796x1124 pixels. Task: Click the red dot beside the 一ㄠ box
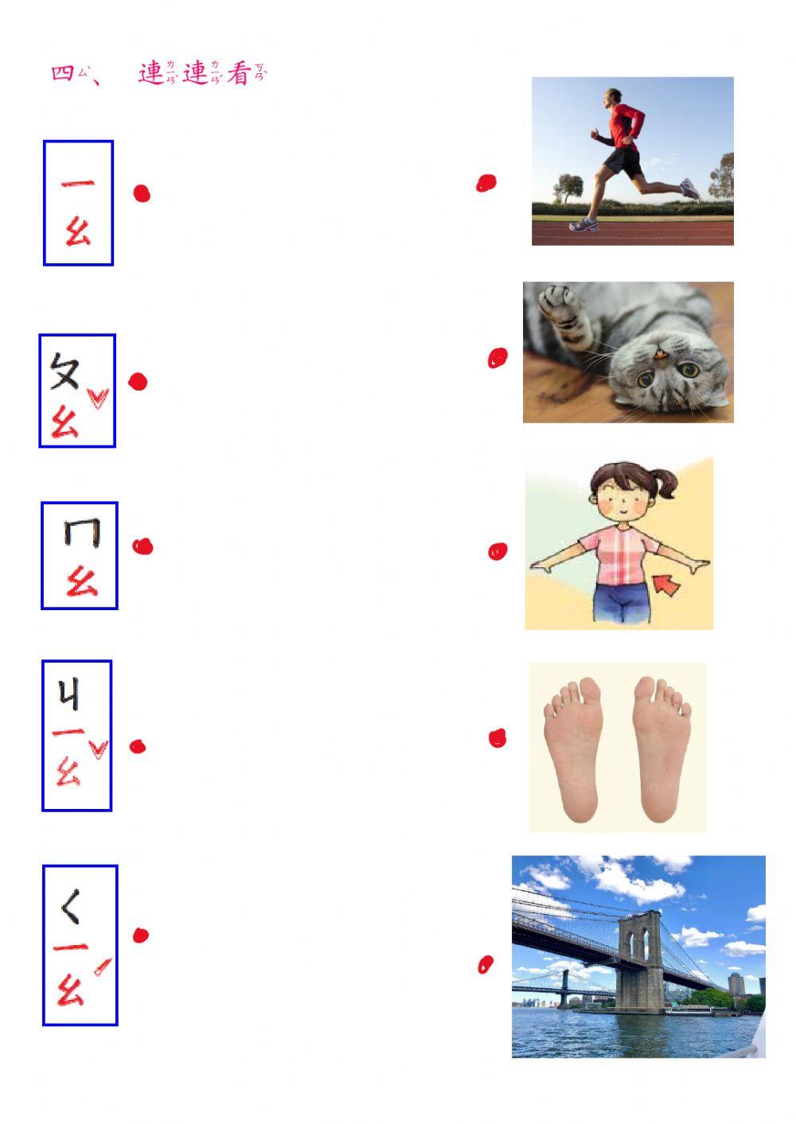point(142,193)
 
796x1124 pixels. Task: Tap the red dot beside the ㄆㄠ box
point(138,382)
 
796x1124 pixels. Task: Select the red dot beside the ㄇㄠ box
point(142,546)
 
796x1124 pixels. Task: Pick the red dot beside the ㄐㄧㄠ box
point(138,746)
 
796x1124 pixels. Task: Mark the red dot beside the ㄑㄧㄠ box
point(141,935)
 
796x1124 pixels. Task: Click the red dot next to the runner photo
point(486,184)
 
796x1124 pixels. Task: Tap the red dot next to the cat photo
point(497,359)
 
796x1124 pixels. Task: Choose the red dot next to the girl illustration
point(497,551)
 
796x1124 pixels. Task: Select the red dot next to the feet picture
point(497,739)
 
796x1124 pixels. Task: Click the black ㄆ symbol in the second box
point(64,371)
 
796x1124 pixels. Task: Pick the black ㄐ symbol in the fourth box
point(69,696)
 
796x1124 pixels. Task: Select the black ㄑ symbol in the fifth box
point(71,907)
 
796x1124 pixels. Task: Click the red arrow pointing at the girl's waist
point(666,586)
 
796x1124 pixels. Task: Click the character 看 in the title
point(239,74)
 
